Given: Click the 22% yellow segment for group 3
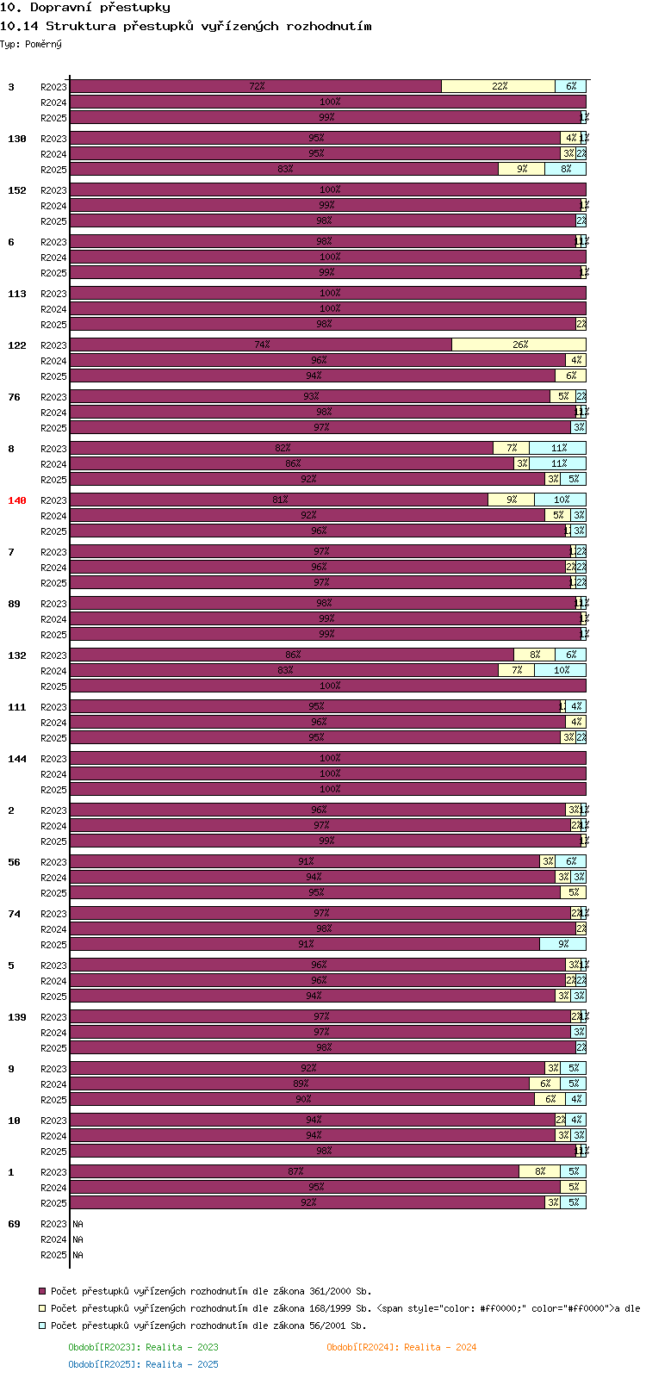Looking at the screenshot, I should pyautogui.click(x=499, y=86).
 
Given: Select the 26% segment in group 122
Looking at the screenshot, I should pyautogui.click(x=519, y=345).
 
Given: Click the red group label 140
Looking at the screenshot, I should pyautogui.click(x=17, y=500).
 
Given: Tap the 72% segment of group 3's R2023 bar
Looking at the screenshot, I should pyautogui.click(x=256, y=86).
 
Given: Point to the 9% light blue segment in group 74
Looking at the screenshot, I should pyautogui.click(x=562, y=944).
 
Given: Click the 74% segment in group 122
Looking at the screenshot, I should pyautogui.click(x=261, y=345).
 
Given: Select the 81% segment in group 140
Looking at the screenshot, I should pyautogui.click(x=279, y=500).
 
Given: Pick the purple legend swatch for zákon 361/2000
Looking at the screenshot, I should pyautogui.click(x=41, y=1291).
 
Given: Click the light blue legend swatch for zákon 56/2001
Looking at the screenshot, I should pyautogui.click(x=41, y=1326).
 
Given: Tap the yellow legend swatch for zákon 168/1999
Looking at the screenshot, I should pyautogui.click(x=41, y=1308).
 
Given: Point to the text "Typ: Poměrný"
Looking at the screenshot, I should pyautogui.click(x=31, y=44).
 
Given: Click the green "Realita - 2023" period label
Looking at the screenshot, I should pyautogui.click(x=143, y=1347).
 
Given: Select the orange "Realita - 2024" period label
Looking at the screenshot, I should pyautogui.click(x=401, y=1347).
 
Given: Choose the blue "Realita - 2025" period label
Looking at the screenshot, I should pyautogui.click(x=143, y=1364).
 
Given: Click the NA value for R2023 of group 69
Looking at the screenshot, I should pyautogui.click(x=78, y=1224).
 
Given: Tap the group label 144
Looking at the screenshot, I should pyautogui.click(x=17, y=759).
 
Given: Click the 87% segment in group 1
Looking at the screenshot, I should pyautogui.click(x=295, y=1171).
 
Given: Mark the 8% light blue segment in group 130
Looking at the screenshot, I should pyautogui.click(x=565, y=169).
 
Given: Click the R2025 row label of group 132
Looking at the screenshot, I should pyautogui.click(x=53, y=686).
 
